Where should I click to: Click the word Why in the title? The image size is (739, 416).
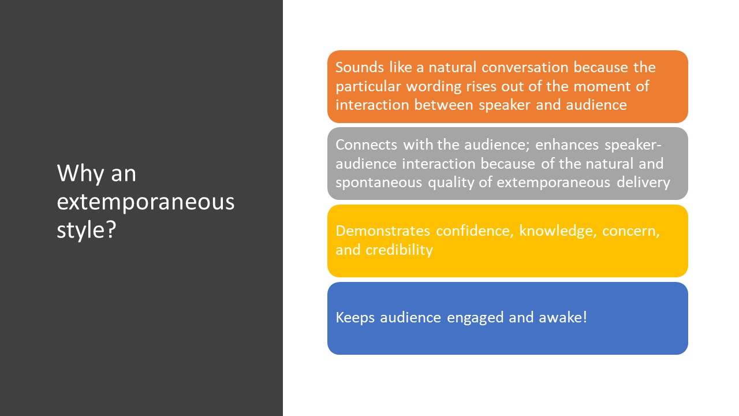(80, 174)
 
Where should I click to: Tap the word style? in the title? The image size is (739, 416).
(87, 230)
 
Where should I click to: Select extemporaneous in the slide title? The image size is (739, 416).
(145, 202)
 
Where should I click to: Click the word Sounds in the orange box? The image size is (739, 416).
(360, 68)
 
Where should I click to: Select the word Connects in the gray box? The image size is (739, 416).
(366, 145)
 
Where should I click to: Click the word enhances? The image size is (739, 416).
(567, 145)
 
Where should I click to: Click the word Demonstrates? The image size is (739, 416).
(383, 231)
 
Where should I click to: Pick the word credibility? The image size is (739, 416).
(399, 250)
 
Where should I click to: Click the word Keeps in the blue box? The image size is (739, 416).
(355, 318)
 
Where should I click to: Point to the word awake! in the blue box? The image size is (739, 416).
(563, 317)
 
